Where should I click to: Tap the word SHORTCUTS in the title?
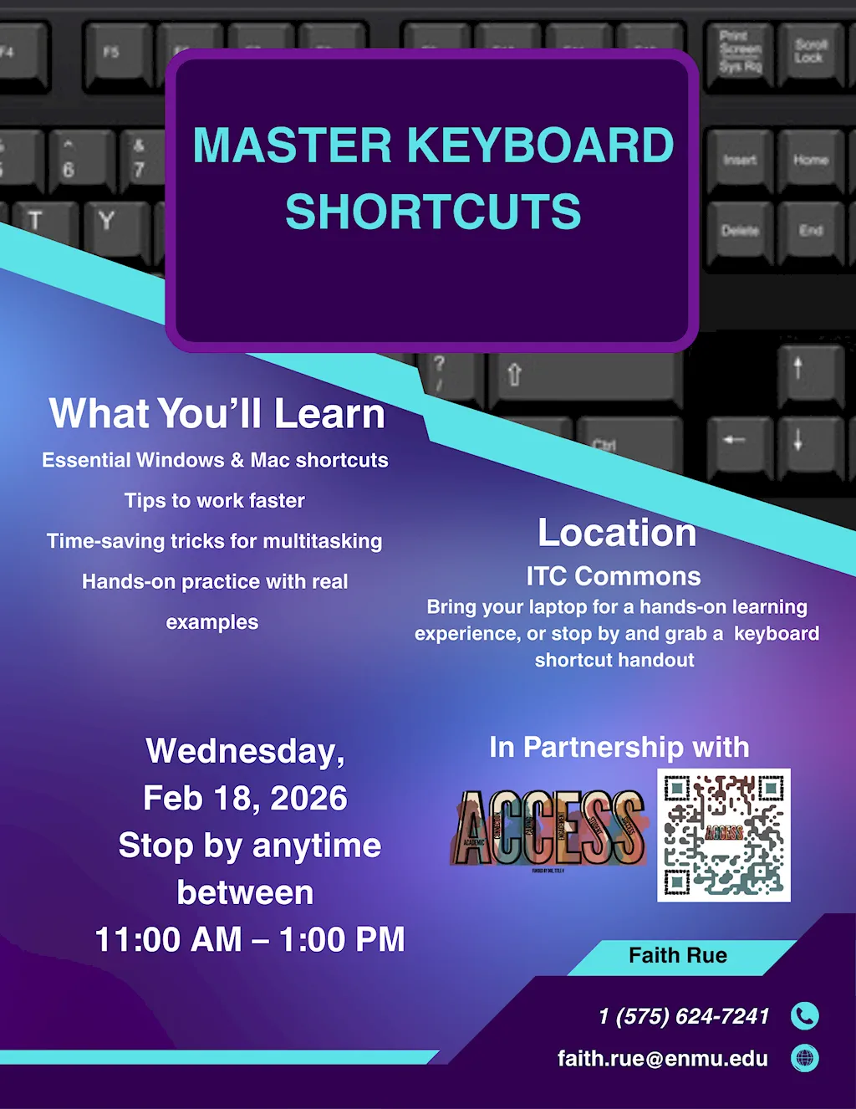tap(433, 212)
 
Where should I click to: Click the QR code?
tap(724, 835)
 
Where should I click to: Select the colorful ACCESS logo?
tap(549, 828)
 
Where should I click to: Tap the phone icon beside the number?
tap(804, 1015)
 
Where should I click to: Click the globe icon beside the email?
tap(804, 1058)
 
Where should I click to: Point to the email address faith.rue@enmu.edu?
tap(662, 1058)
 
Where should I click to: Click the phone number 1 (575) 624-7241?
tap(684, 1016)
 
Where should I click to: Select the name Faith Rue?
tap(678, 955)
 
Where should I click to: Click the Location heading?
tap(617, 533)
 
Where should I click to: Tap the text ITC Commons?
tap(614, 576)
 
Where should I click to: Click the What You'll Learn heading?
tap(217, 414)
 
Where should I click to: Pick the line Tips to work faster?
tap(215, 500)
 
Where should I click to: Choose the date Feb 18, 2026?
tap(245, 798)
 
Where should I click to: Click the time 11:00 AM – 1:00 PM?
tap(250, 939)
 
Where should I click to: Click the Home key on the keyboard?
tap(810, 160)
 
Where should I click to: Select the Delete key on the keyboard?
tap(740, 231)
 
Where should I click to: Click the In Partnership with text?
tap(619, 747)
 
